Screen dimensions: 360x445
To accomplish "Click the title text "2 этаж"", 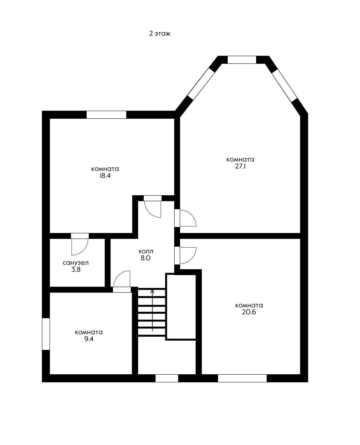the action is coord(160,34).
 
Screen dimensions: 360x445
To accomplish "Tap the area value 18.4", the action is coord(105,176).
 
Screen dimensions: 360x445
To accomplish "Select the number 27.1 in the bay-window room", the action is coord(240,167).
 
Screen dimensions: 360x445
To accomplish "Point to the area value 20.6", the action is coord(249,312).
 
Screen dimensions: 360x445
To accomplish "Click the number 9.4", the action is coord(89,339).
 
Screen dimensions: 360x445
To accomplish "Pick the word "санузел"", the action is coord(76,263).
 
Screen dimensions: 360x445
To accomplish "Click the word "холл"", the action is coord(146,251).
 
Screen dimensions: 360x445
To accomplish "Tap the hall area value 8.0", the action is coord(146,258).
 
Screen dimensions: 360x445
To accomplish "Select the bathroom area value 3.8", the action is coord(76,270).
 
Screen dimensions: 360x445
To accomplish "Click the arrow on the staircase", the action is coord(152,310).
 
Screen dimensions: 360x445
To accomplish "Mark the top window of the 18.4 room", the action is coord(106,115).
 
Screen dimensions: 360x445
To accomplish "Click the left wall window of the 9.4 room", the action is coord(46,334).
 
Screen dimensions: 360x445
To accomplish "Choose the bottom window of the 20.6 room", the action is coord(243,378).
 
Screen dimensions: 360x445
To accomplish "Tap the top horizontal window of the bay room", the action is coord(242,60).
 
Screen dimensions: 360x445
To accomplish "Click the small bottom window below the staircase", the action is coord(167,378).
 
